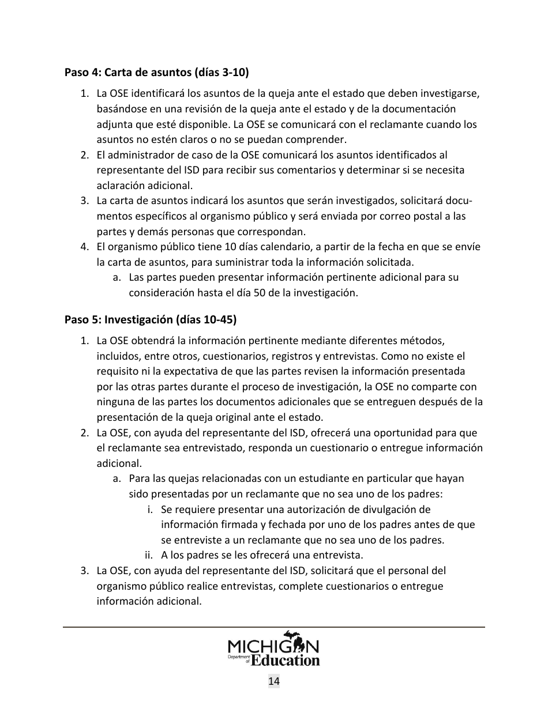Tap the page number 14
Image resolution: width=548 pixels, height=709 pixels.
tap(273, 681)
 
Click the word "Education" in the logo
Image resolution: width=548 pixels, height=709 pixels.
tap(286, 659)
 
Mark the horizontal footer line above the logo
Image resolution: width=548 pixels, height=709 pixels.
tap(273, 627)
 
